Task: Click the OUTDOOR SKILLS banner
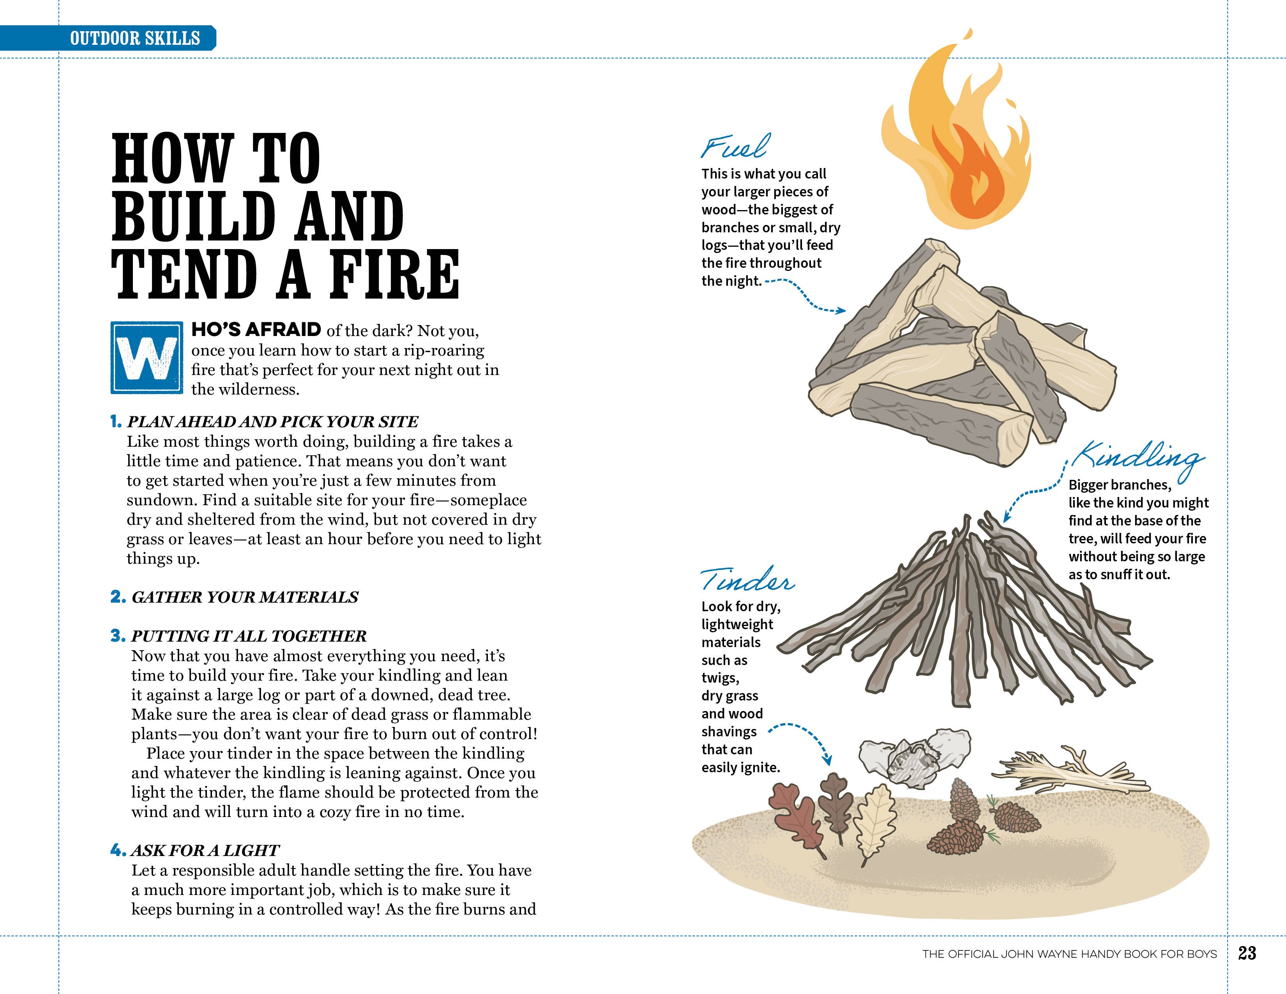click(134, 38)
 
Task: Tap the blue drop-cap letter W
click(146, 358)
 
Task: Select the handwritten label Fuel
click(735, 147)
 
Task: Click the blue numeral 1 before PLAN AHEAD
click(116, 422)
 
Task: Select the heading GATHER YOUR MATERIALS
click(244, 597)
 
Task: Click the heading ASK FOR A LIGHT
click(205, 850)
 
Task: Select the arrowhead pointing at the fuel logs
click(842, 311)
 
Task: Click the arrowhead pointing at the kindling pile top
click(1006, 518)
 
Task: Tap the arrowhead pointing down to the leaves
click(828, 761)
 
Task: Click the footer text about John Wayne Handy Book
click(1069, 954)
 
